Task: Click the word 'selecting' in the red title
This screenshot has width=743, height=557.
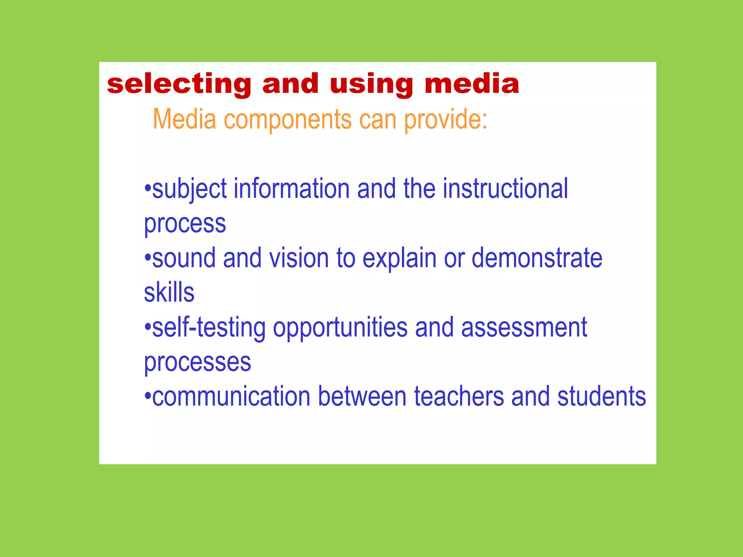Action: click(x=179, y=84)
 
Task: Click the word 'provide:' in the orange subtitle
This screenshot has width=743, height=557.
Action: click(x=446, y=120)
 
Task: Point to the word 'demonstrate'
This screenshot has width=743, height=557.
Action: click(x=537, y=258)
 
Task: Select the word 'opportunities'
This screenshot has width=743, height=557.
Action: click(x=340, y=328)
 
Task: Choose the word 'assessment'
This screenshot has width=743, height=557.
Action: click(x=524, y=327)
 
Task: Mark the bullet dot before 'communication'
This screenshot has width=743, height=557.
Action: click(x=147, y=396)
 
